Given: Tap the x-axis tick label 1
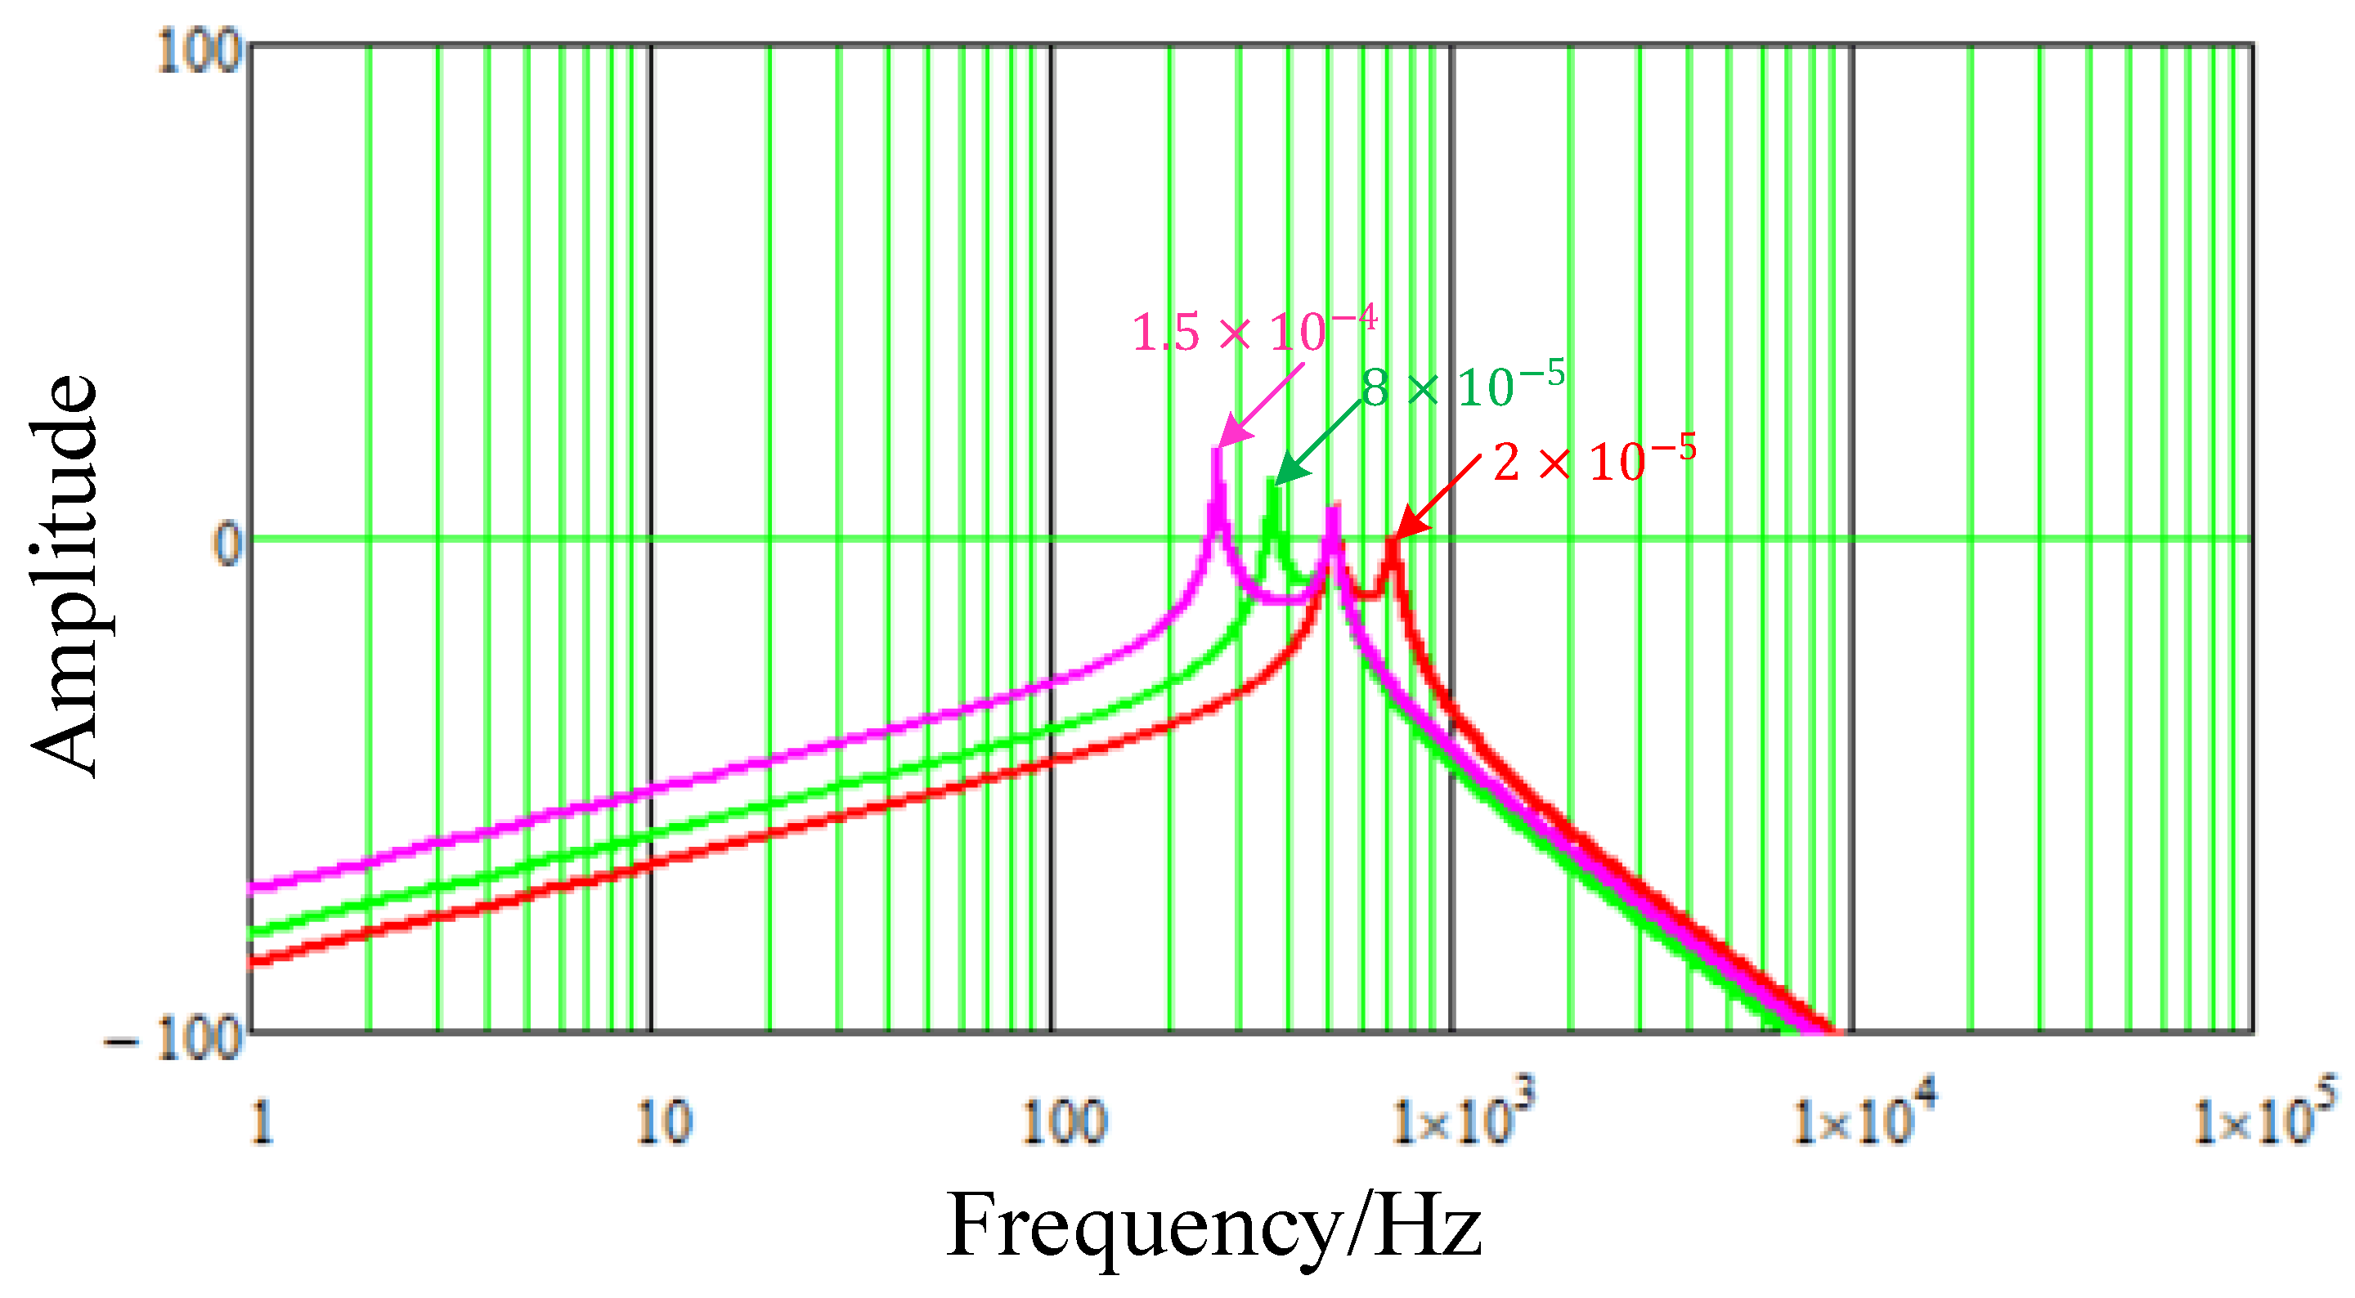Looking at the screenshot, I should (x=262, y=1122).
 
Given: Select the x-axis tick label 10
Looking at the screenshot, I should (x=664, y=1122).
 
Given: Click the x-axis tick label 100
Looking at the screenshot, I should (x=1064, y=1122).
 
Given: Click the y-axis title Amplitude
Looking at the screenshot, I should (x=64, y=576).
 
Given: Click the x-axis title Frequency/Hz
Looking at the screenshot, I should (x=1213, y=1227).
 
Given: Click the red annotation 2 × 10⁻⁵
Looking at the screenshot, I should (x=1595, y=462).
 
